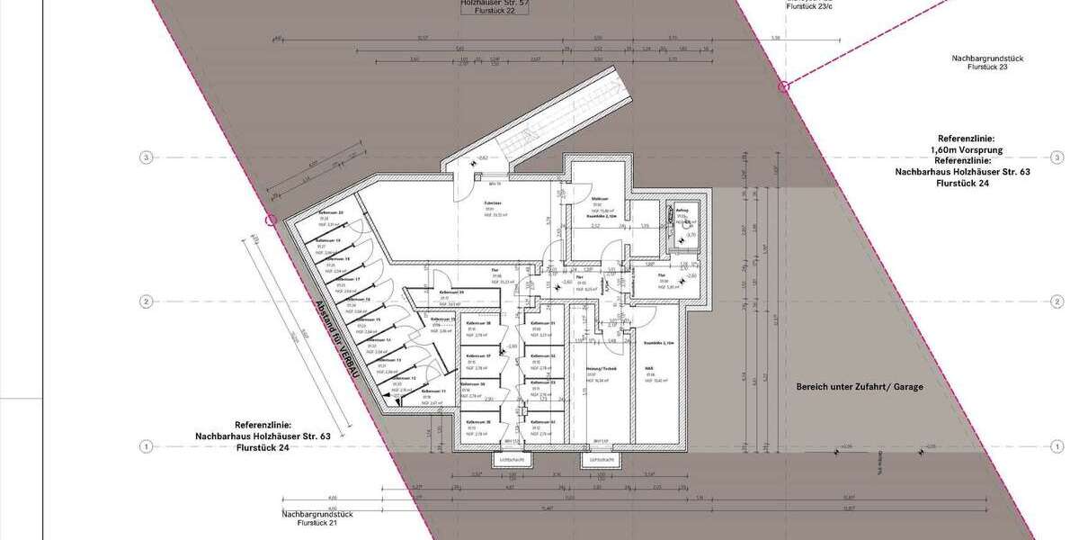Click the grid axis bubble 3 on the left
(x=146, y=157)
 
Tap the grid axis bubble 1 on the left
(x=146, y=445)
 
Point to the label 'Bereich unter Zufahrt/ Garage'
(x=860, y=386)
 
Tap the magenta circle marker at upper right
(x=782, y=86)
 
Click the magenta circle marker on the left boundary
(x=269, y=219)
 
